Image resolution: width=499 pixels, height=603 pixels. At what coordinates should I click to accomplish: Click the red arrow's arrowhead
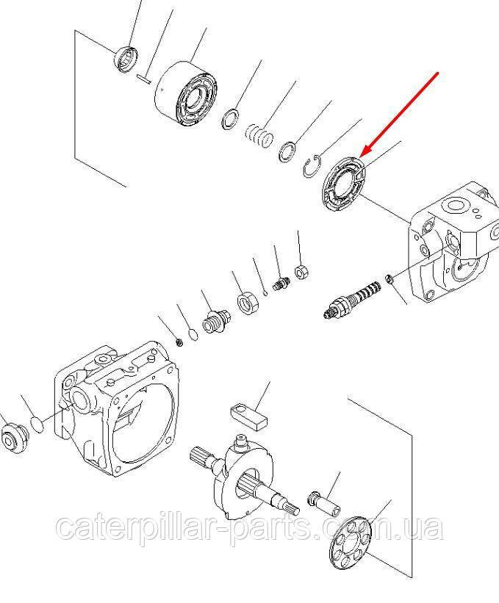[x=367, y=150]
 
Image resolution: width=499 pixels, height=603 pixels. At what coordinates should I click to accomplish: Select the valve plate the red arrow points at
[x=343, y=184]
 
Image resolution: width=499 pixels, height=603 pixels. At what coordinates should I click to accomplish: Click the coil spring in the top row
[x=259, y=135]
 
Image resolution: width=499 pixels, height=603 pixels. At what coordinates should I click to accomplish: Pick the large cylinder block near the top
[x=186, y=93]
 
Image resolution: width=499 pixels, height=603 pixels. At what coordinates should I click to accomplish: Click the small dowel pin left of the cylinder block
[x=144, y=78]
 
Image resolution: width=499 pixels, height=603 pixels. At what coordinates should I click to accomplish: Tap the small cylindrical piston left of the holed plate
[x=324, y=503]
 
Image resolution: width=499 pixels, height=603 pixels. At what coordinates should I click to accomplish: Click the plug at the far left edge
[x=15, y=438]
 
